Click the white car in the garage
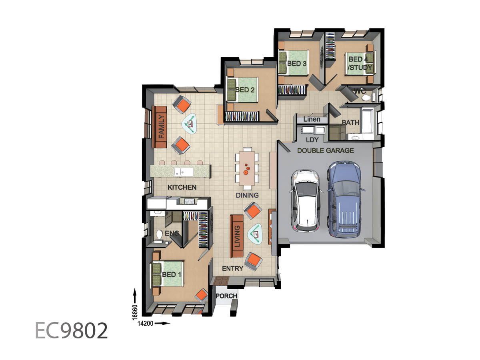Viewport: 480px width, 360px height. tap(306, 200)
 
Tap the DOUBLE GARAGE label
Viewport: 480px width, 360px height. tap(325, 150)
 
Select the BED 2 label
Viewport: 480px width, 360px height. tap(245, 90)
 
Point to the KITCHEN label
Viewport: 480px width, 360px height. tap(182, 187)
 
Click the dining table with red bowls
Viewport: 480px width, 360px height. tap(247, 168)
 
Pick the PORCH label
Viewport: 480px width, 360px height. tap(226, 296)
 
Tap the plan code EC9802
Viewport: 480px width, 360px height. tap(71, 331)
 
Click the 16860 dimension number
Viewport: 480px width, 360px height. tap(135, 312)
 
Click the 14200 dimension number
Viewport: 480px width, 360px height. tap(145, 323)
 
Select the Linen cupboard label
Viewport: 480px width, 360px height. tap(312, 119)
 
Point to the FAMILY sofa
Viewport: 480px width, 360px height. tap(160, 127)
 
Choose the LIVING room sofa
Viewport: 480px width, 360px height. tap(237, 236)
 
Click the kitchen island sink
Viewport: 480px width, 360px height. tap(184, 172)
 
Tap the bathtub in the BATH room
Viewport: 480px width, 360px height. tap(368, 121)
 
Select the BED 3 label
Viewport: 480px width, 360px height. tap(297, 64)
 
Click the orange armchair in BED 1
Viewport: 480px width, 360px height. tap(201, 296)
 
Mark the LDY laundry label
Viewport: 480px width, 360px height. tap(312, 140)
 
